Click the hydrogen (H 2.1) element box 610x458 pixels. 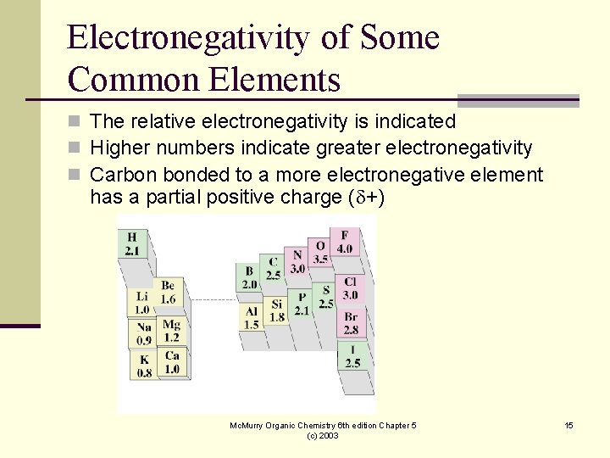(x=132, y=243)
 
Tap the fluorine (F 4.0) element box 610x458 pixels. (x=344, y=242)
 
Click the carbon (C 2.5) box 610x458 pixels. (x=273, y=269)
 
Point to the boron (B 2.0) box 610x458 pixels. (x=249, y=278)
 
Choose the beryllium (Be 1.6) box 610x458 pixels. (x=168, y=293)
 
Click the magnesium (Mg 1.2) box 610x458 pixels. (x=171, y=331)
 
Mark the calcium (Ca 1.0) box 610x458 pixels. (x=172, y=362)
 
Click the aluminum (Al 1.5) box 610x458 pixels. (x=251, y=318)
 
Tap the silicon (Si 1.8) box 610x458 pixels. (x=276, y=311)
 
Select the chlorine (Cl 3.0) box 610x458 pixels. (x=350, y=289)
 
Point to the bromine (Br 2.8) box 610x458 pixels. (x=351, y=324)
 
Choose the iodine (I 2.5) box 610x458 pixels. (x=352, y=356)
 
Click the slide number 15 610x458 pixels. (x=569, y=425)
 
